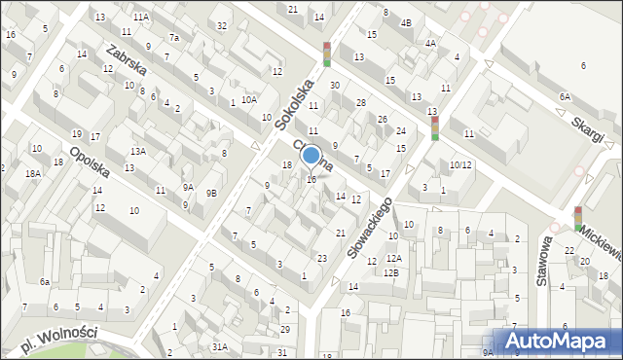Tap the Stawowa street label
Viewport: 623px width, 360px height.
coord(542,261)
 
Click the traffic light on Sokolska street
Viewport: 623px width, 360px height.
coord(327,54)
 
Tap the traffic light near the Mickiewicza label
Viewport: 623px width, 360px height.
coord(578,219)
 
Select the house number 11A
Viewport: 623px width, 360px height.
coord(141,18)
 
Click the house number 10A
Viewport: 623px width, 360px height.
coord(249,99)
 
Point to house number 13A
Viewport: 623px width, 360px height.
coord(139,152)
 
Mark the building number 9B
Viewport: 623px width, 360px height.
coord(211,193)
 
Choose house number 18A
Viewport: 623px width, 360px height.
coord(33,173)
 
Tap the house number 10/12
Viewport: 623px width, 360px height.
coord(460,165)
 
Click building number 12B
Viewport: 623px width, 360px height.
coord(390,273)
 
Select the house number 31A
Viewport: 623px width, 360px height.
coord(221,346)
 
